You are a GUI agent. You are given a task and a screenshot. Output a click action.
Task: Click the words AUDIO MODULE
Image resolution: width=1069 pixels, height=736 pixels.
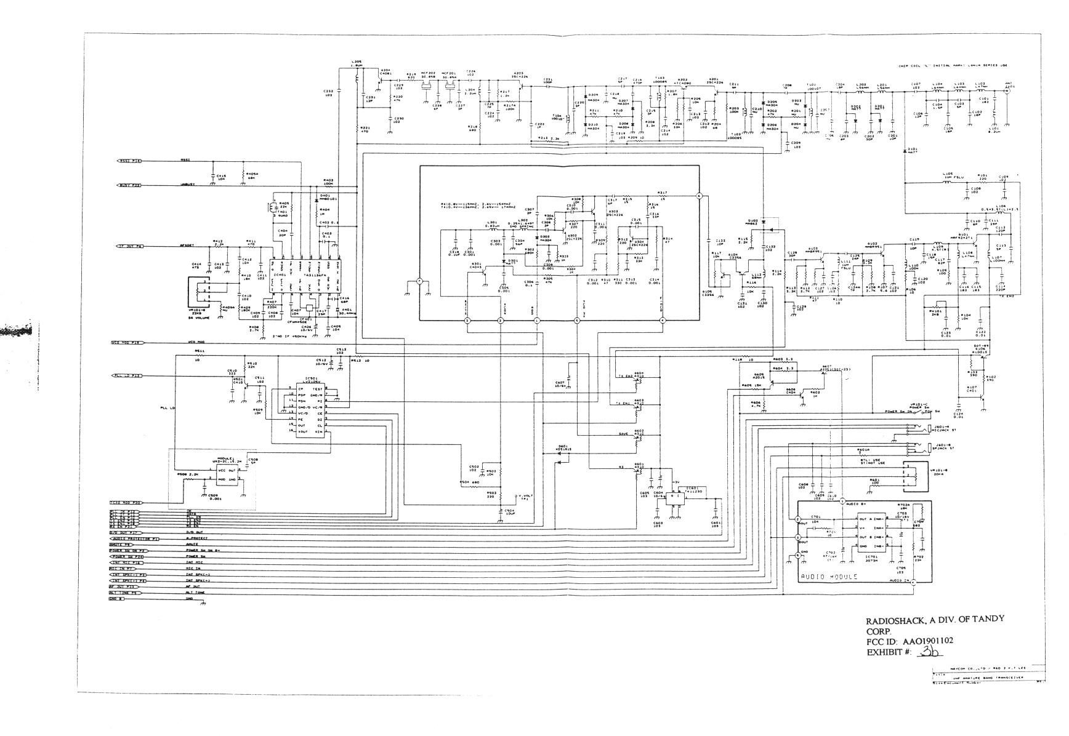828,577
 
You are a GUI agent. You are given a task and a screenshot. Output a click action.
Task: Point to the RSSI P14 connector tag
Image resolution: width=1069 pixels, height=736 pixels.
129,161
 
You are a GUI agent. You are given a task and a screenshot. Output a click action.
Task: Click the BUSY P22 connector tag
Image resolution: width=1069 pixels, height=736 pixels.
129,185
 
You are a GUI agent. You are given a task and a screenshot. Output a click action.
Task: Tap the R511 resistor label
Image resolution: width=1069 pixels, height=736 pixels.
200,351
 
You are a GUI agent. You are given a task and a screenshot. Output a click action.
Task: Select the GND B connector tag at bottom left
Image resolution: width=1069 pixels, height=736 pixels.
116,598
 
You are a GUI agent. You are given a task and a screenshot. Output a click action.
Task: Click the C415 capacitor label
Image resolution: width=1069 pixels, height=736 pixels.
221,177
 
